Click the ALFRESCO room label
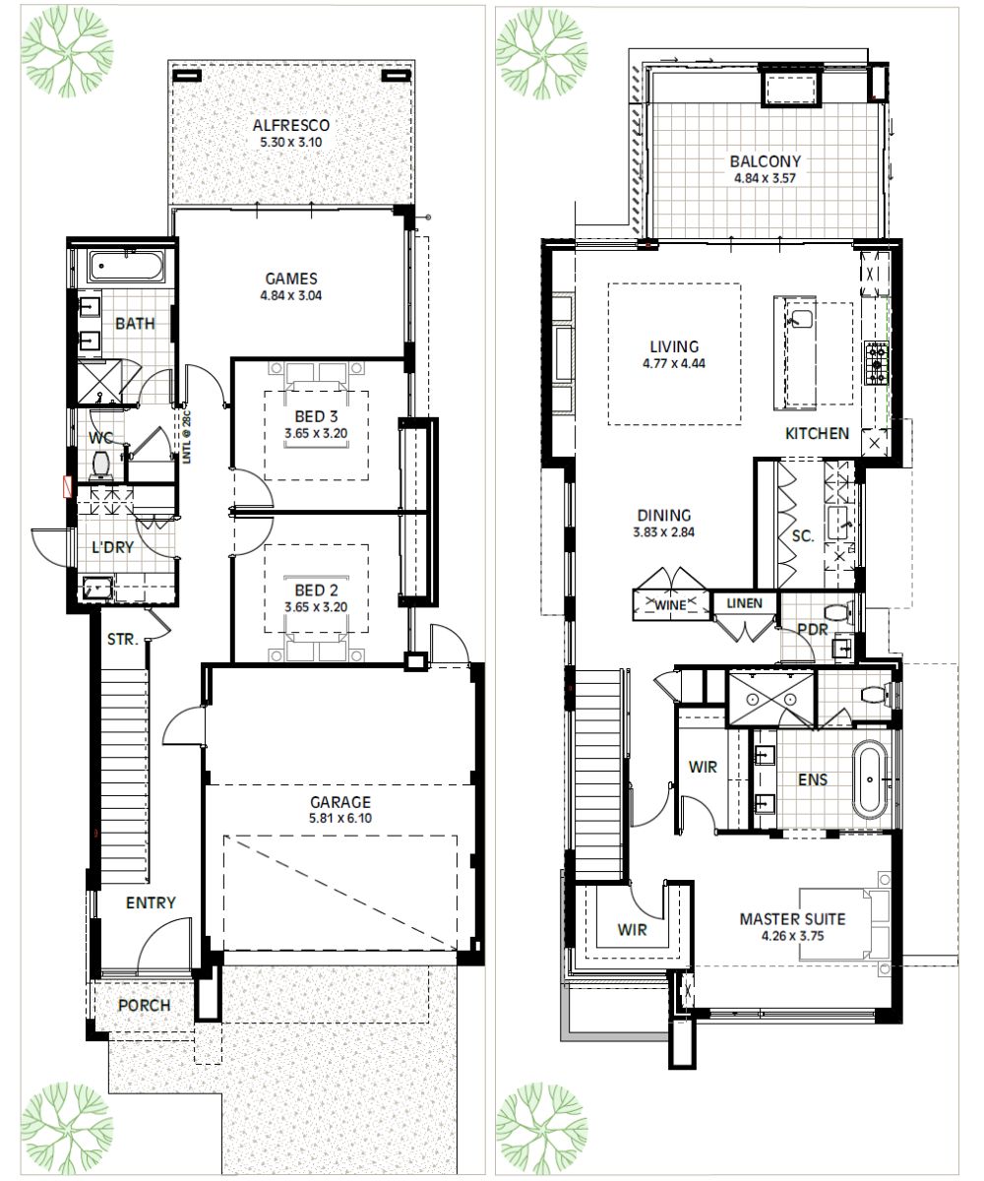click(289, 126)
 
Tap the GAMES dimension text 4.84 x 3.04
click(289, 294)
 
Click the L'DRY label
click(112, 548)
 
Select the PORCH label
click(144, 1006)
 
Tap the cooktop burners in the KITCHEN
click(875, 362)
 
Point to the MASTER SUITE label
click(793, 920)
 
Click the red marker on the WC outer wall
click(68, 485)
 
